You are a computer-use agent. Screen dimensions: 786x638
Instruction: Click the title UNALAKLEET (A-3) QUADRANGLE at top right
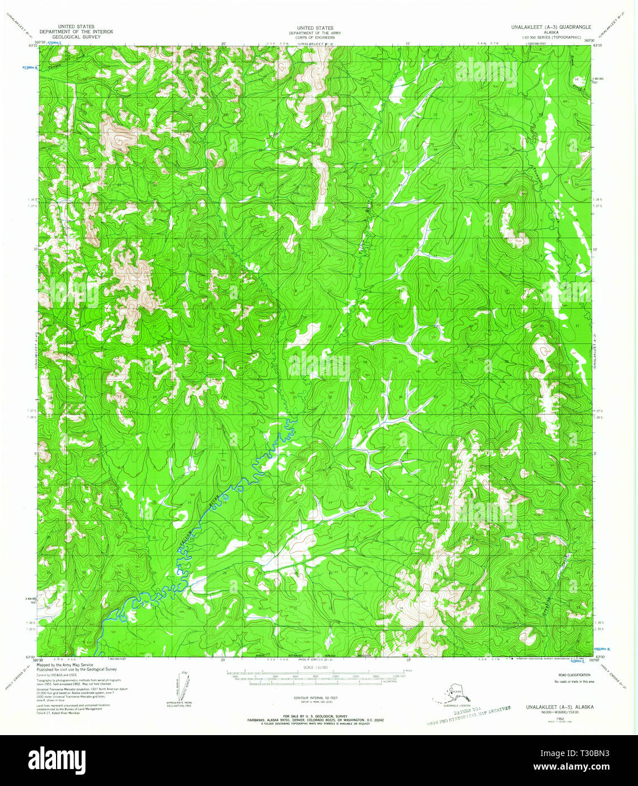[x=551, y=27]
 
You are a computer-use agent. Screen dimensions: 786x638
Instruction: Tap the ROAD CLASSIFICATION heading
[x=574, y=675]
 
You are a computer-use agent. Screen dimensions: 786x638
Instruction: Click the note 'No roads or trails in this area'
[x=574, y=681]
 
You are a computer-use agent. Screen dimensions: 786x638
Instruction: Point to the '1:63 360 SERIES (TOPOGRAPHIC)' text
[x=551, y=37]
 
